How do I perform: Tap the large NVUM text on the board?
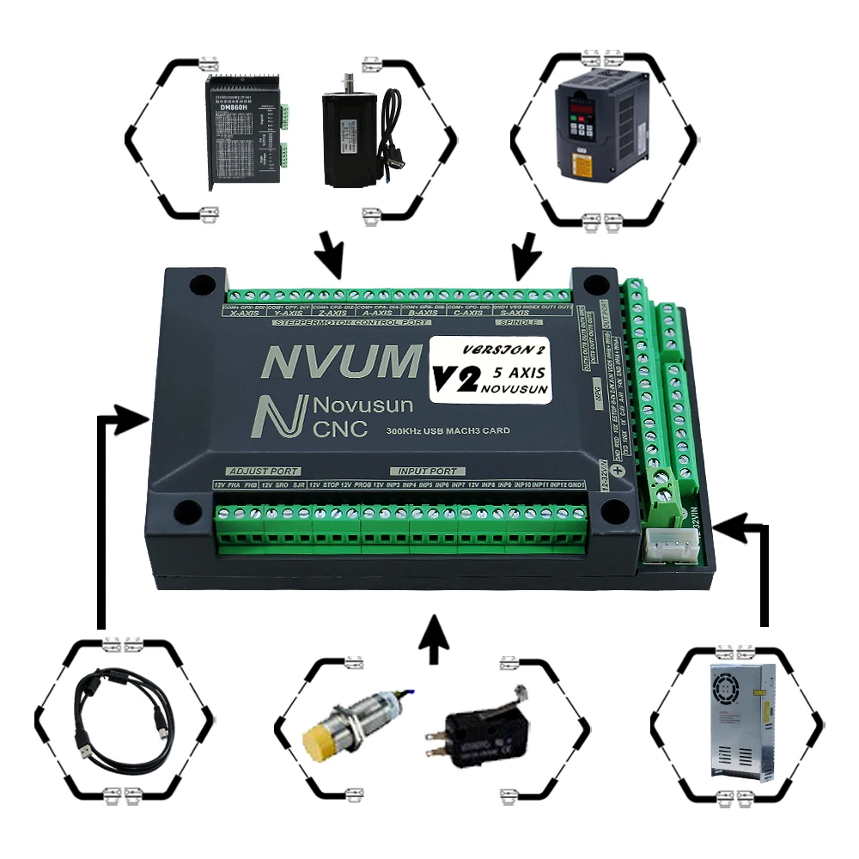pos(339,362)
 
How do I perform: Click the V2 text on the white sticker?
pos(455,379)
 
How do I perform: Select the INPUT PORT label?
pos(429,472)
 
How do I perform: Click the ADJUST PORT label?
pos(263,472)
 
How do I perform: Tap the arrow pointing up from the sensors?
pos(437,637)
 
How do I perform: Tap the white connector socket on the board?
pos(668,544)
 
